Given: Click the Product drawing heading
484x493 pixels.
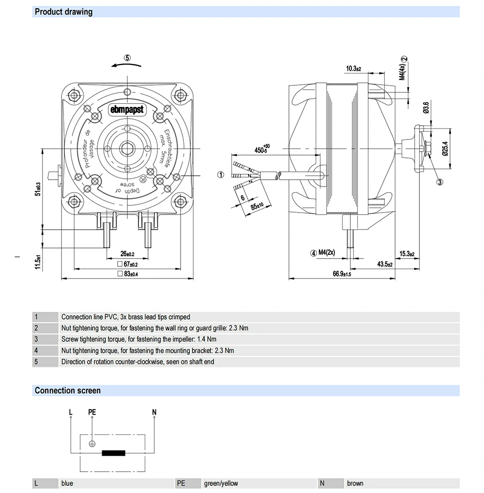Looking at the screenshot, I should click(63, 12).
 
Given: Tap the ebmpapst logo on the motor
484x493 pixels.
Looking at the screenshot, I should click(127, 110).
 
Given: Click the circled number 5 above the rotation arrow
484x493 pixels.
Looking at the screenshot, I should click(127, 57).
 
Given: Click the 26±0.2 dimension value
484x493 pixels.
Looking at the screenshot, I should click(127, 254).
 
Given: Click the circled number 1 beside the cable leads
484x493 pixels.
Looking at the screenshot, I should click(220, 175).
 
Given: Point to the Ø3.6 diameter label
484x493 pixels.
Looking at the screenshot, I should click(425, 108).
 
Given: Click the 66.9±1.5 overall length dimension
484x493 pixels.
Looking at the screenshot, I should click(341, 274).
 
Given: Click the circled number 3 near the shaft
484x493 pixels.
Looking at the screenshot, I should click(440, 182).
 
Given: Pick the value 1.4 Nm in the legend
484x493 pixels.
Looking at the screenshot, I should click(207, 339).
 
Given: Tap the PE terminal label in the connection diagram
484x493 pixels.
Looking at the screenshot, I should click(92, 412).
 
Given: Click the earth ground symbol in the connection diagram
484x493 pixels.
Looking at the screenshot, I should click(92, 444).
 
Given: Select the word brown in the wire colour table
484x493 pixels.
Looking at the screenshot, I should click(355, 483).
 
